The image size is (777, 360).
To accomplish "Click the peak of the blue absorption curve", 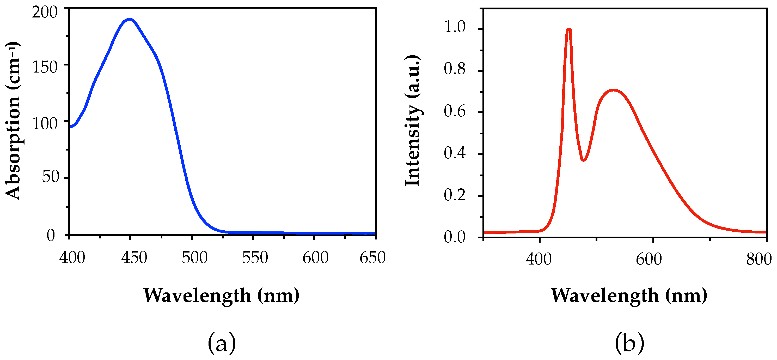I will tap(130, 20).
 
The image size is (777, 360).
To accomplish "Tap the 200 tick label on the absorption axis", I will tap(45, 13).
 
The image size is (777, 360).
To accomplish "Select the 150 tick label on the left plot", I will tap(45, 67).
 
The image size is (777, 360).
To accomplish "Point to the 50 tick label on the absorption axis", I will tap(50, 177).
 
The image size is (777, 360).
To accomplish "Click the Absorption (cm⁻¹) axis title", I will tap(13, 121).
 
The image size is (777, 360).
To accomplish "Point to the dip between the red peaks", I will tap(583, 160).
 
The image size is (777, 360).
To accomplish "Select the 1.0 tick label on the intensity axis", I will tap(455, 27).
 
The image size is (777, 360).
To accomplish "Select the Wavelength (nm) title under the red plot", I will tap(629, 295).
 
